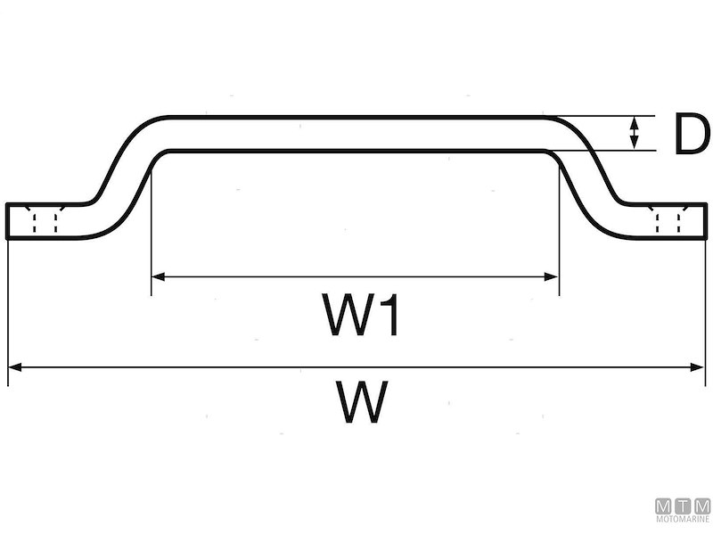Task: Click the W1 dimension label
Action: [360, 315]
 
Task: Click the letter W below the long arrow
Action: [362, 402]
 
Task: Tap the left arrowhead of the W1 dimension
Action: [158, 276]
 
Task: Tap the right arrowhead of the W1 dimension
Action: [551, 276]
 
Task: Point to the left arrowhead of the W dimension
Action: [15, 366]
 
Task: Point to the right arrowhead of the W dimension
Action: [697, 366]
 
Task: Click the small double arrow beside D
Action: [634, 133]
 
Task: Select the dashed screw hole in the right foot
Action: [668, 218]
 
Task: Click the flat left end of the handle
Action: [8, 220]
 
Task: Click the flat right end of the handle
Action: [706, 220]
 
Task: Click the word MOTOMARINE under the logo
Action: [683, 519]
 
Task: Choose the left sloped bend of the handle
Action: [123, 177]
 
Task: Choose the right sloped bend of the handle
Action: [586, 177]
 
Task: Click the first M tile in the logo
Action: [663, 506]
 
